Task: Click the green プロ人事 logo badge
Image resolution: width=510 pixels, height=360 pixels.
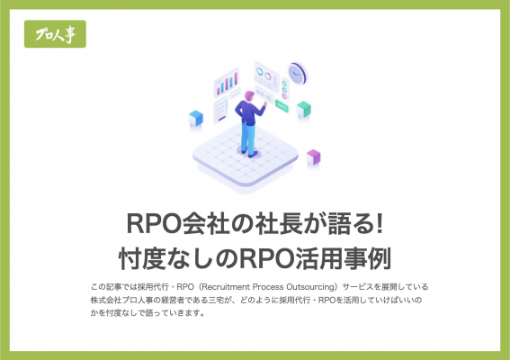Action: click(55, 34)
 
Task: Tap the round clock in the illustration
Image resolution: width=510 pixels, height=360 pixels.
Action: click(298, 73)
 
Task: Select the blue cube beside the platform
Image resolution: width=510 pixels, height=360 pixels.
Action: click(196, 118)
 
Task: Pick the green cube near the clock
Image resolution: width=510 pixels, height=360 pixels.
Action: click(304, 109)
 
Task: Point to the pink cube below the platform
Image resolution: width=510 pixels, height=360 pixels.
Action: click(313, 157)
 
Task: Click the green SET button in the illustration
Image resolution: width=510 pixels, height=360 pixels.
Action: click(282, 105)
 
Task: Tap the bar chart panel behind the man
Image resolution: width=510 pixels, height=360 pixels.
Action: click(227, 83)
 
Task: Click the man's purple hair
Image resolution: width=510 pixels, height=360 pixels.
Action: click(249, 95)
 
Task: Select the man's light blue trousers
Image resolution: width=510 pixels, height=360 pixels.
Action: click(248, 138)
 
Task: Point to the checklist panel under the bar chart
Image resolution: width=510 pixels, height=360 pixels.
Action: click(221, 110)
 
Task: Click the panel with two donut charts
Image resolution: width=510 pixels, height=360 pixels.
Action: click(266, 76)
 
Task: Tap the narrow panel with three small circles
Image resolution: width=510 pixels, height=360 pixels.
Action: click(285, 89)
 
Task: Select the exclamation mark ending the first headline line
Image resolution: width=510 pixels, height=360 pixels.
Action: click(379, 223)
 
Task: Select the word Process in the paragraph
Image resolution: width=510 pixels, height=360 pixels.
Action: click(268, 287)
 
